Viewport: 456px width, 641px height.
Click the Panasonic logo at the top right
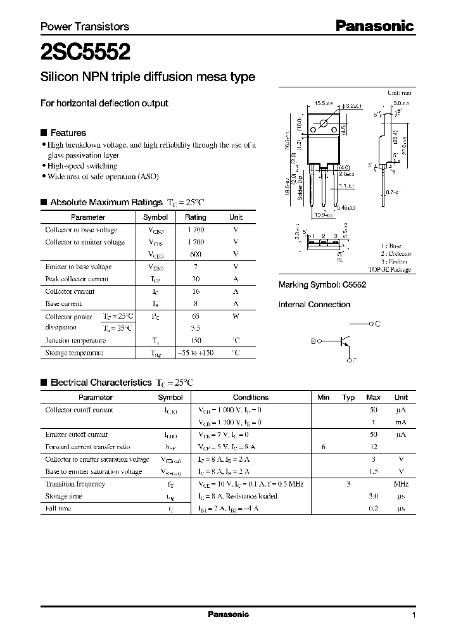coord(374,26)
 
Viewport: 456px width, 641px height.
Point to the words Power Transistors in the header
coord(85,27)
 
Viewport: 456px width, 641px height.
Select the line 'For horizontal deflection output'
coord(104,103)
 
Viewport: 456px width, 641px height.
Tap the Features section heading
coord(68,133)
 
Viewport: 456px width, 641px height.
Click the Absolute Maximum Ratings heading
coord(106,203)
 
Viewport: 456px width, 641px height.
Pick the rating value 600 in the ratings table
coord(195,255)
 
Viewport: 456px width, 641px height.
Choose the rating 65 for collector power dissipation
coord(196,315)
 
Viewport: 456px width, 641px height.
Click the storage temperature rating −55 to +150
coord(195,353)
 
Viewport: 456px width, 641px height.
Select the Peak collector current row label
coord(77,279)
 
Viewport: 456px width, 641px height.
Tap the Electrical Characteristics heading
coord(101,383)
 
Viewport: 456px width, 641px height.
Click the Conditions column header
coord(251,397)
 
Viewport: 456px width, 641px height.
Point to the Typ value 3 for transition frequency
coord(348,484)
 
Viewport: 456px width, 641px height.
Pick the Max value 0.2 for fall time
coord(374,509)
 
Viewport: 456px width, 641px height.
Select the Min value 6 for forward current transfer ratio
coord(323,447)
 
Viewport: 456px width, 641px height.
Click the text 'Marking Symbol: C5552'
coord(322,285)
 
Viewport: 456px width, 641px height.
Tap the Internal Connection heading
coord(314,305)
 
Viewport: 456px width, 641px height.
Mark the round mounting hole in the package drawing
coord(324,122)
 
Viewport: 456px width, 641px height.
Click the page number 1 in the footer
coord(414,614)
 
